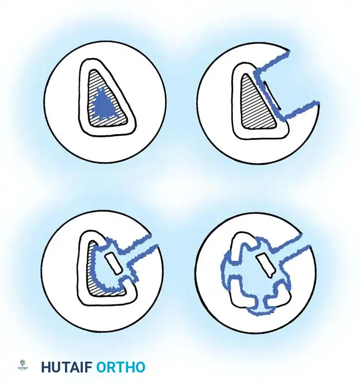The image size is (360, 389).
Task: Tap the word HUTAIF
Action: click(67, 367)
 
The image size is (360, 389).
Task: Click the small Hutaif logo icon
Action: click(23, 365)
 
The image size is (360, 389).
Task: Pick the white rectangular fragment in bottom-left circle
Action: click(113, 264)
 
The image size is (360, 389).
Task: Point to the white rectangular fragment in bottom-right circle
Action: click(265, 266)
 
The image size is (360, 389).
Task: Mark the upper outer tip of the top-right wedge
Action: click(289, 52)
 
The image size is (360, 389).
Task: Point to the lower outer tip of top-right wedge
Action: click(318, 103)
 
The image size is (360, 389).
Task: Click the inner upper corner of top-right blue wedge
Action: click(255, 72)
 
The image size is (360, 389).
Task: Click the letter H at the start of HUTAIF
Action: click(46, 367)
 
